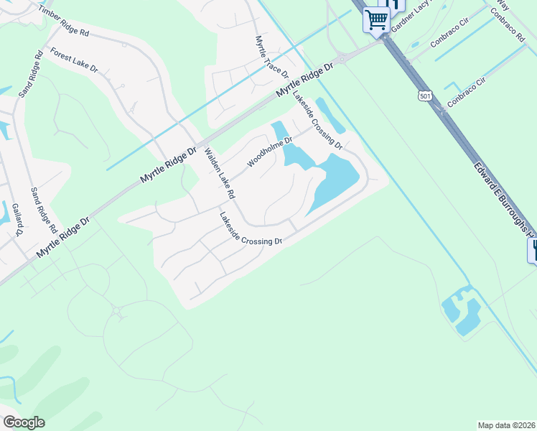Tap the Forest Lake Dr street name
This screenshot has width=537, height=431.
coord(74,60)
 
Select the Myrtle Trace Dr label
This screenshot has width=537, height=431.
coord(271,57)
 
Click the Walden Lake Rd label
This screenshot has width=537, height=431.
coord(219,173)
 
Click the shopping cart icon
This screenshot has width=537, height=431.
coord(376,19)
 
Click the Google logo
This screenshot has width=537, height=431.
coord(24,422)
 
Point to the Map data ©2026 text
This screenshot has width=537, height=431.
coord(507,425)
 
